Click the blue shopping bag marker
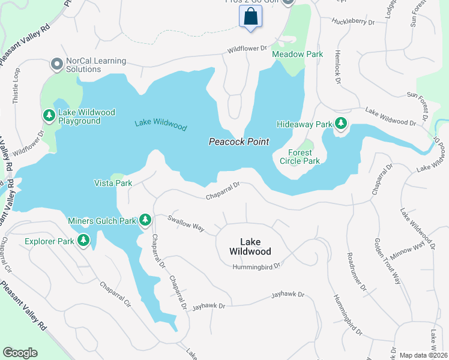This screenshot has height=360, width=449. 251,16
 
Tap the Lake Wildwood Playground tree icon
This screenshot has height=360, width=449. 48,115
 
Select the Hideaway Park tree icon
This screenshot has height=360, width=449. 341,124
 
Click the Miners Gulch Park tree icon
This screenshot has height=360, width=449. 145,220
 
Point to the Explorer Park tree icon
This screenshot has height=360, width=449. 83,242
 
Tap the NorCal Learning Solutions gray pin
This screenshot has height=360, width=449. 57,64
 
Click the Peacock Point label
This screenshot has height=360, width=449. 238,142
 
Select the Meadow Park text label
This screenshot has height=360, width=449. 297,54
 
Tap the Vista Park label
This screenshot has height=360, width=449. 113,182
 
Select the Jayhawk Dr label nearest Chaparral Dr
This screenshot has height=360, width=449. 208,307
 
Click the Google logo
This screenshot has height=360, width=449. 20,353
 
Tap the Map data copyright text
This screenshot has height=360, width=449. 424,355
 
